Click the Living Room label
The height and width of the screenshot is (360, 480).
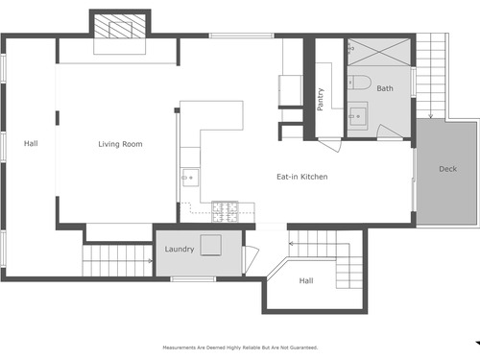click(120, 144)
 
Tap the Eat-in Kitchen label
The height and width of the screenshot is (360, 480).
click(302, 177)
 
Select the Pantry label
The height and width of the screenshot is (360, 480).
click(320, 100)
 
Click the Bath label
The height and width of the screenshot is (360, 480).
click(385, 88)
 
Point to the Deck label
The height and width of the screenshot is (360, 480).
click(447, 169)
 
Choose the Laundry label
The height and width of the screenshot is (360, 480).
click(180, 249)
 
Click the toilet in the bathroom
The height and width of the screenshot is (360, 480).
click(359, 82)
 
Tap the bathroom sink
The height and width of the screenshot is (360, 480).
click(358, 116)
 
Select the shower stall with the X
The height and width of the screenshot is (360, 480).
click(379, 52)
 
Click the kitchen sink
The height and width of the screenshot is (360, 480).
click(190, 178)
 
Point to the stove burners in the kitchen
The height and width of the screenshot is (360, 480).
click(226, 212)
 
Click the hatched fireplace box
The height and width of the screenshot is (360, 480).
click(120, 27)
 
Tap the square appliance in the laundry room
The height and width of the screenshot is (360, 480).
click(211, 245)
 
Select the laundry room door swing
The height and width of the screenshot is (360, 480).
click(251, 259)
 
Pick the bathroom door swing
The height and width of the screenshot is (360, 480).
click(389, 132)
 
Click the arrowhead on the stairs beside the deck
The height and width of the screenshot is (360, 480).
click(431, 116)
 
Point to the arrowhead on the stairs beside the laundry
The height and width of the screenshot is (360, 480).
click(150, 261)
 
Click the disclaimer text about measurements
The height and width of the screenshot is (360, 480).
click(240, 348)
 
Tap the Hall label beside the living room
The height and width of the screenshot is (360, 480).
click(31, 143)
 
